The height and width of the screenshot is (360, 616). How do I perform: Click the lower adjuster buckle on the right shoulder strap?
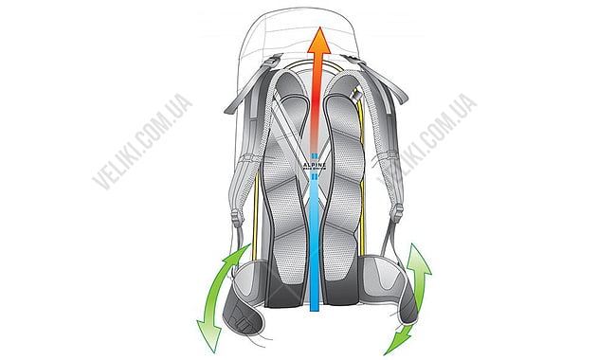[399, 219]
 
